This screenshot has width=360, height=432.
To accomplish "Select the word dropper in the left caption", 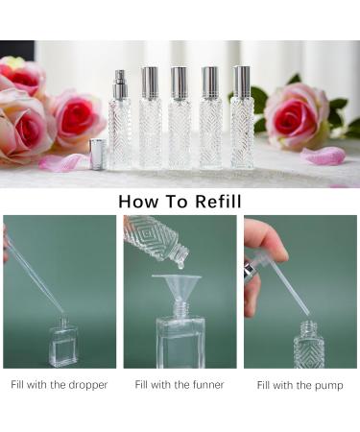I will click(87, 385).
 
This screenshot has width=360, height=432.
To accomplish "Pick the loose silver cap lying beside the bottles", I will click(97, 154).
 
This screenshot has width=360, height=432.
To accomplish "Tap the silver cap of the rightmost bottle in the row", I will click(241, 84).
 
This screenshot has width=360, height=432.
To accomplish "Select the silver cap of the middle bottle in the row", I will click(179, 84).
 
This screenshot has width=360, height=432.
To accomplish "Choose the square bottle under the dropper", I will click(64, 347).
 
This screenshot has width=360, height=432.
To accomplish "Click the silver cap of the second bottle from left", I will click(150, 84).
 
